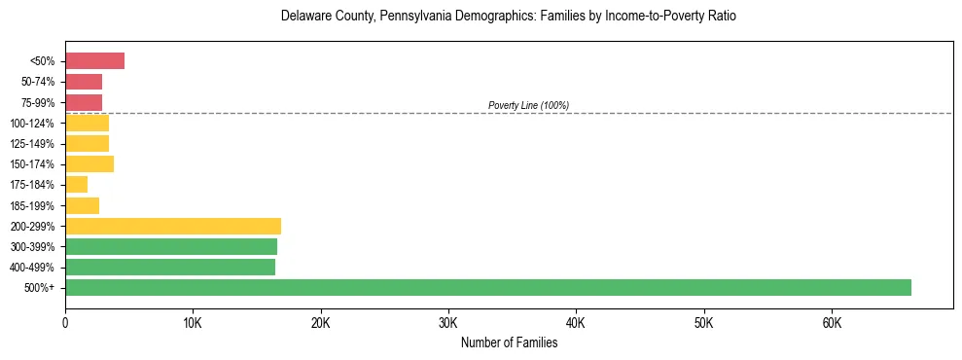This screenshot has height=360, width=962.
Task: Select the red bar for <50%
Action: pos(94,61)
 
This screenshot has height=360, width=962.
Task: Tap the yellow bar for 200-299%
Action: pos(173,226)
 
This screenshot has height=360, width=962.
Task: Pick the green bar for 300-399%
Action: pos(171,246)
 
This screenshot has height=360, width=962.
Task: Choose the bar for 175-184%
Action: pos(76,185)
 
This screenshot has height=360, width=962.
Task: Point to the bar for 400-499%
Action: pos(170,267)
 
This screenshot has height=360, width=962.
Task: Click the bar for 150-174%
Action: pos(89,164)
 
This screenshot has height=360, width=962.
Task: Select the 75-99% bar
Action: pos(84,102)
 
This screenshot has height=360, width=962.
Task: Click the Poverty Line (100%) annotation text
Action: pos(528,105)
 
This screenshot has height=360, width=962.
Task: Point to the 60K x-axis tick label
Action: pos(832,323)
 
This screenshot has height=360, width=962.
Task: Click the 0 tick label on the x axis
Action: pos(65,323)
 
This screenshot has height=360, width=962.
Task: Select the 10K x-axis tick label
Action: pos(193,323)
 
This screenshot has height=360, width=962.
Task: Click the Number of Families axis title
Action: pos(509,342)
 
